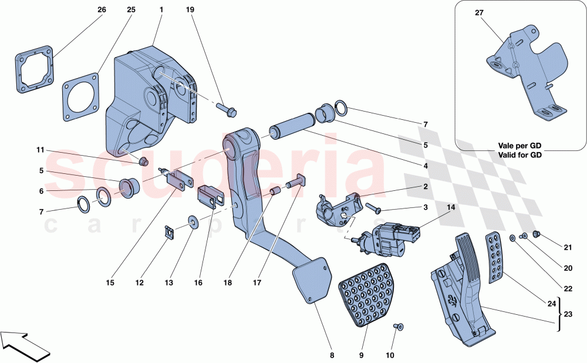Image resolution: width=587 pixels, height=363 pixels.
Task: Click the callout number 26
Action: (x=102, y=10)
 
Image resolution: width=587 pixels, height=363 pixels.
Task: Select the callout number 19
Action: (x=190, y=10)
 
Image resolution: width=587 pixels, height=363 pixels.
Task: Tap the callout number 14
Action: (x=451, y=208)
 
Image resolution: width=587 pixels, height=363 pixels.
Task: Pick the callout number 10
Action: (x=390, y=355)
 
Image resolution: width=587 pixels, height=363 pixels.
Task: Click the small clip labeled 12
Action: (x=168, y=232)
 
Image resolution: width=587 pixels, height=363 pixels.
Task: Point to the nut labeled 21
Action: (x=536, y=234)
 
